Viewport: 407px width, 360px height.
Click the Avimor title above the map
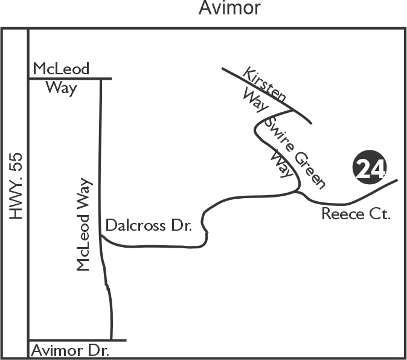tap(229, 8)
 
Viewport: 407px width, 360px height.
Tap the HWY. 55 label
tap(16, 186)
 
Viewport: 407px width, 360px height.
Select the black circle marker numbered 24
tap(370, 167)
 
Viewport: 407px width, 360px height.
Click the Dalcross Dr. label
tap(149, 225)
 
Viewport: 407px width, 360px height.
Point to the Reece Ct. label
tap(356, 214)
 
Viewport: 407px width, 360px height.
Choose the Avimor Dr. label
tap(70, 350)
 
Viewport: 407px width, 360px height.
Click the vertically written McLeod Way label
tap(83, 225)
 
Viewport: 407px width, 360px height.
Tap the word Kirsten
tap(264, 84)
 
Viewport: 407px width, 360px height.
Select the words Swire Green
tap(295, 153)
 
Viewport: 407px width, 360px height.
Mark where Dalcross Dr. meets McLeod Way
tap(101, 236)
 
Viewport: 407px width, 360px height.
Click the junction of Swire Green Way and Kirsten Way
tap(292, 111)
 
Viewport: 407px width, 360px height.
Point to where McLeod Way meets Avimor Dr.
tap(111, 339)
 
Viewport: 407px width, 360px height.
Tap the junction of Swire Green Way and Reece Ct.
tap(297, 192)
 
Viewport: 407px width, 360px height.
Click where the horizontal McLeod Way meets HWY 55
tap(28, 79)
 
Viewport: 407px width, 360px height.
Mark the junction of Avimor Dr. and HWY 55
tap(28, 339)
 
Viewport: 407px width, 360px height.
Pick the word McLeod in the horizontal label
tap(61, 69)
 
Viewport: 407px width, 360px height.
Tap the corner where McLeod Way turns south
tap(101, 79)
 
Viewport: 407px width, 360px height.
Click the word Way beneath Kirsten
tap(255, 101)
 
